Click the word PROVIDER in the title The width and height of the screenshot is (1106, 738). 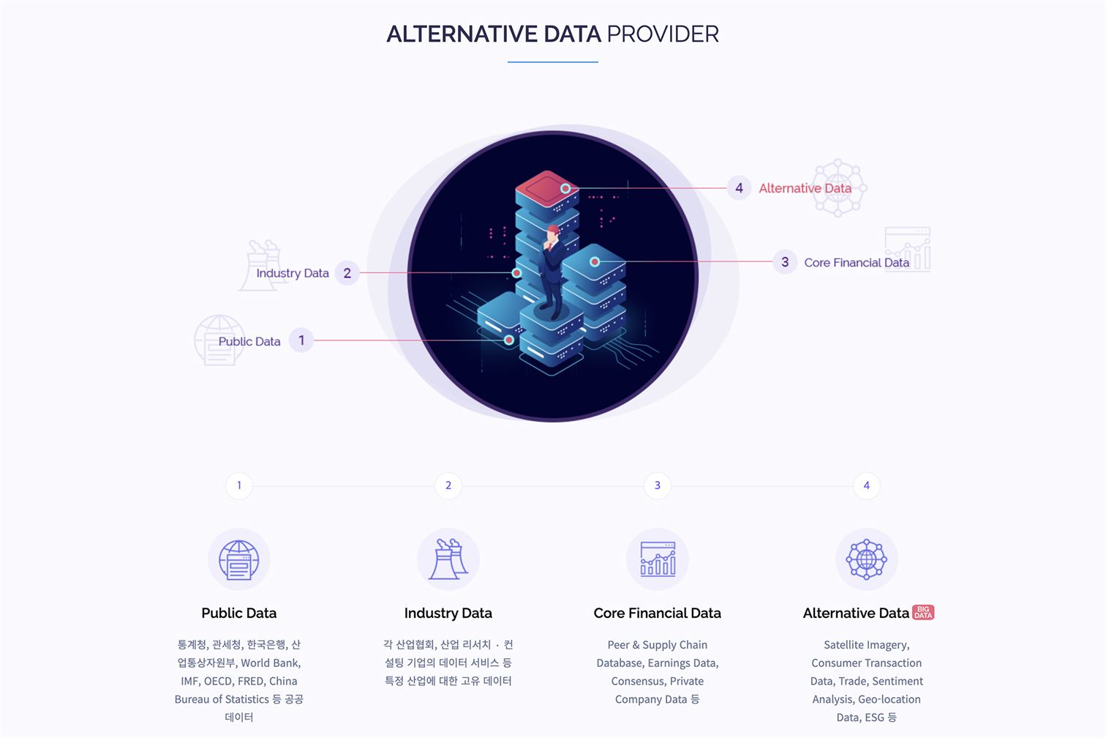click(663, 34)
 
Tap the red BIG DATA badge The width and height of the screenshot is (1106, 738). click(923, 613)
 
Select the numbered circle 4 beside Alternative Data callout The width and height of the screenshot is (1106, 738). click(739, 188)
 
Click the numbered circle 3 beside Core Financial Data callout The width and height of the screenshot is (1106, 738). click(785, 262)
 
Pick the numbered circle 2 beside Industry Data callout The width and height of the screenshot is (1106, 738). click(347, 273)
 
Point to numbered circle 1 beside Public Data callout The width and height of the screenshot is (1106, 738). click(301, 340)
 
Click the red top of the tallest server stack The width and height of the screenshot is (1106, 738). click(546, 188)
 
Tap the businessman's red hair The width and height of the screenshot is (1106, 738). click(554, 229)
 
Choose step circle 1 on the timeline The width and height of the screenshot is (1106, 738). click(239, 485)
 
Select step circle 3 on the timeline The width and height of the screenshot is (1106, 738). click(657, 485)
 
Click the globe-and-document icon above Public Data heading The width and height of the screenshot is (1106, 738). click(239, 559)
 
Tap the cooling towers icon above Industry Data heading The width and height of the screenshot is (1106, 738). click(448, 559)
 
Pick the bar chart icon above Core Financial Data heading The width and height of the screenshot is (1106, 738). click(658, 559)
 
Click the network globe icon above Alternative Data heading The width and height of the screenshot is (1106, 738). click(867, 559)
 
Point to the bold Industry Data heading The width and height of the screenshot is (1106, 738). click(448, 613)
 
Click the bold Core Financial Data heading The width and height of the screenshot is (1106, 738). click(657, 613)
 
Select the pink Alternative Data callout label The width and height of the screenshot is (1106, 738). click(805, 188)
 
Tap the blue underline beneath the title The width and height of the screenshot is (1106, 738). click(552, 61)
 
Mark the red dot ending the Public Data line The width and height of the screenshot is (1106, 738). click(509, 340)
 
